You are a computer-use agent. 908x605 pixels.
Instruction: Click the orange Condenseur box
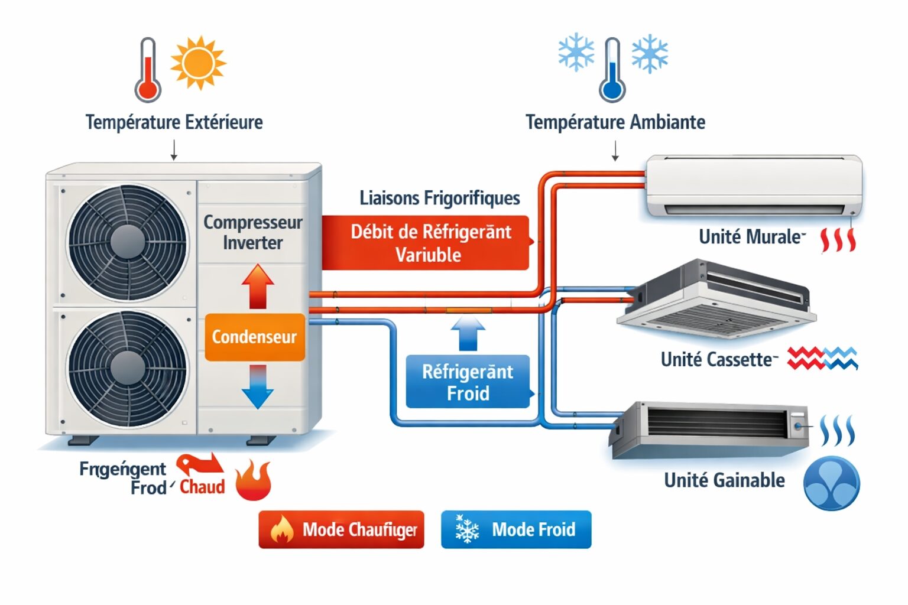coord(255,337)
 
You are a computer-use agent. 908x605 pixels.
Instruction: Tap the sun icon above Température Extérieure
coord(198,63)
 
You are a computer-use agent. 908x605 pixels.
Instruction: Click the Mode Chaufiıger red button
coord(341,529)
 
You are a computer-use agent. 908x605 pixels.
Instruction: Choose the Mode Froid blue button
coord(515,529)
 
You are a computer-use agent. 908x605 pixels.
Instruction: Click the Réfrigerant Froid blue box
coord(468,382)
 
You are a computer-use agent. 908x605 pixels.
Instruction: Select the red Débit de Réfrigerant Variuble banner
coord(426,243)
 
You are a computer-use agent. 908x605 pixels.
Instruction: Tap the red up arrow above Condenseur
coord(258,286)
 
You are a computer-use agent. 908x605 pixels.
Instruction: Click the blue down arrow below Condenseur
coord(258,388)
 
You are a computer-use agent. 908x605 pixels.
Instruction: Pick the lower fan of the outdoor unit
coord(127,369)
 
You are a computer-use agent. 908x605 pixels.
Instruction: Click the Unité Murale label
coord(750,237)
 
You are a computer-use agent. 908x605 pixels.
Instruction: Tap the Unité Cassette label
coord(716,359)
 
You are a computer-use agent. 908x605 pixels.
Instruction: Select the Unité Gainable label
coord(724,480)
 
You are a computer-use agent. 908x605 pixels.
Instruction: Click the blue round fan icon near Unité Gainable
coord(831,483)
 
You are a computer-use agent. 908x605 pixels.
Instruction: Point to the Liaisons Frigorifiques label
coord(439,198)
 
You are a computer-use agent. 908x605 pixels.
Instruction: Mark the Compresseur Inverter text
coord(252,232)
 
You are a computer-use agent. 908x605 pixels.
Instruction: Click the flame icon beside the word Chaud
coord(253,480)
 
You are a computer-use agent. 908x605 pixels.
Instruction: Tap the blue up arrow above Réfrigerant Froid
coord(468,334)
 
